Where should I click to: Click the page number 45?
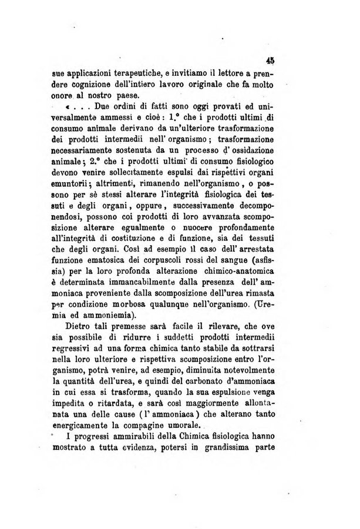click(x=271, y=59)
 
